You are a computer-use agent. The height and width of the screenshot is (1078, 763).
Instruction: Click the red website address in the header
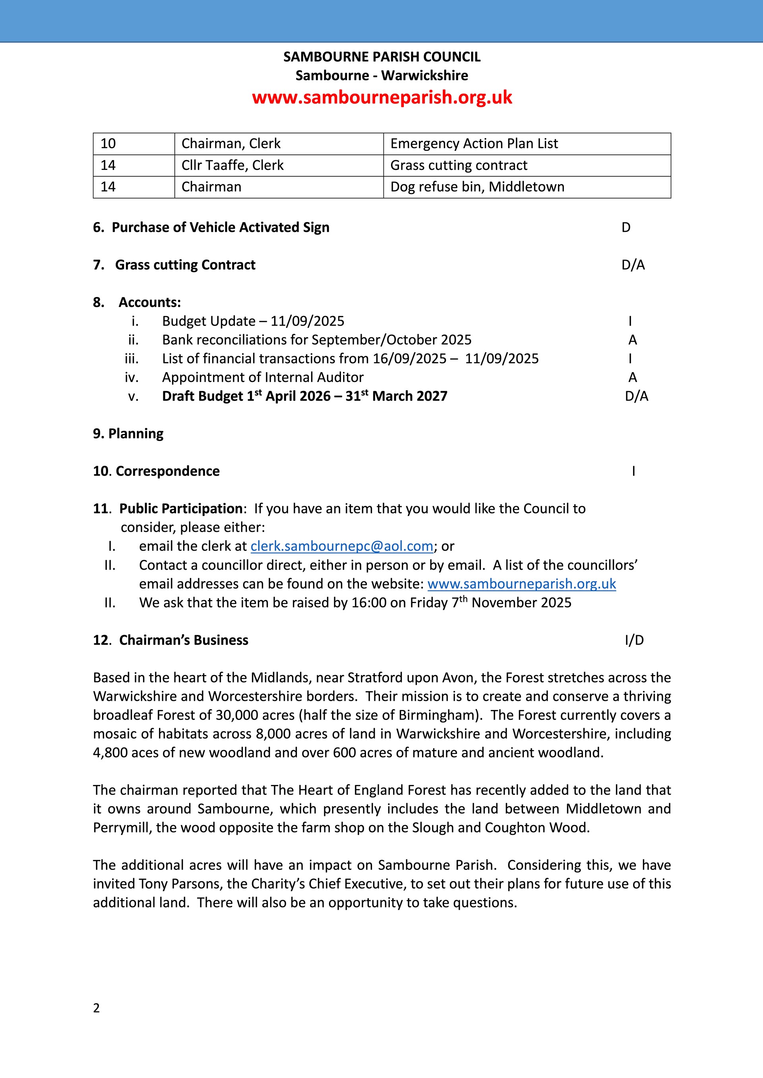[381, 97]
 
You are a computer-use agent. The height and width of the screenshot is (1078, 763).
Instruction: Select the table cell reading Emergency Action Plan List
[474, 144]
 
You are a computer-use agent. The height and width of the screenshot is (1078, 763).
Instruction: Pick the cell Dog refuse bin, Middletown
[477, 187]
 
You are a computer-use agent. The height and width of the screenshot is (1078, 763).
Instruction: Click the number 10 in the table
[108, 144]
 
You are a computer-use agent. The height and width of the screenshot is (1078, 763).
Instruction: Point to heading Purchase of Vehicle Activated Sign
[220, 227]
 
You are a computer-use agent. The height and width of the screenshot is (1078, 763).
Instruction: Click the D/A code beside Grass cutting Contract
[633, 265]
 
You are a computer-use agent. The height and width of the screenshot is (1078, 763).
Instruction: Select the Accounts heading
[149, 303]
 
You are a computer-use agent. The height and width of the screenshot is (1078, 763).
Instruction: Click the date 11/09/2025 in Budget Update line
[307, 321]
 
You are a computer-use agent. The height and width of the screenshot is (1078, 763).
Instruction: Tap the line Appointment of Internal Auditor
[263, 378]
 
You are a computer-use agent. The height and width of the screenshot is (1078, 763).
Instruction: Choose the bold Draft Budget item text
[304, 396]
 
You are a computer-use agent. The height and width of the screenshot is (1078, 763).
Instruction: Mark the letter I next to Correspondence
[633, 471]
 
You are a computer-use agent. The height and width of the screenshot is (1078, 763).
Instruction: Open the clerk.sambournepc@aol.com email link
[342, 546]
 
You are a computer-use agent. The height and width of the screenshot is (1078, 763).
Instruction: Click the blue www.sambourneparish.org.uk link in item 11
[521, 584]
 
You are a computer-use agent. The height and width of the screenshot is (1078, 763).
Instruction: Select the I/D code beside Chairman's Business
[634, 640]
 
